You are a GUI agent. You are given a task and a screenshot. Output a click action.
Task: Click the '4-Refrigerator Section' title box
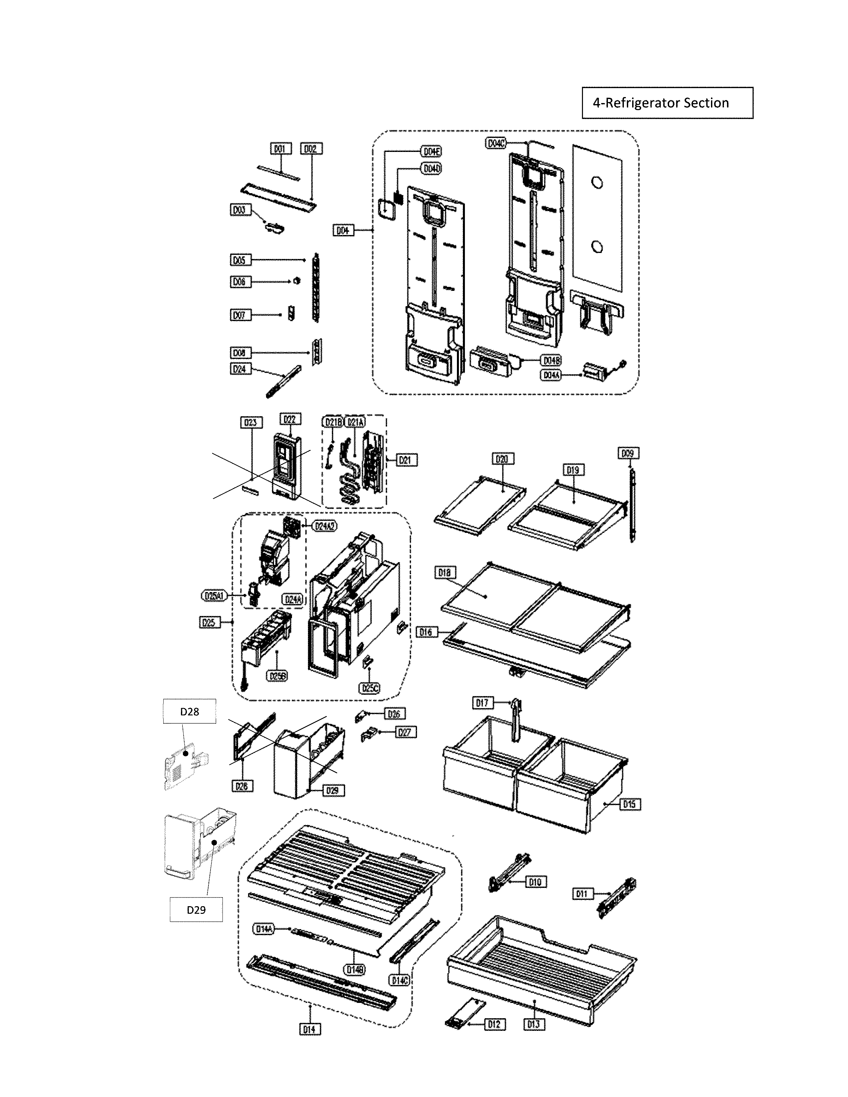point(667,103)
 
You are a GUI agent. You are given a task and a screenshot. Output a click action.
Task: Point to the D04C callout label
point(496,144)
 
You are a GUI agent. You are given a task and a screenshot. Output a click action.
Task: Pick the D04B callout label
point(551,361)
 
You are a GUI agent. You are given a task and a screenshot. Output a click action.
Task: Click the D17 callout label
point(482,703)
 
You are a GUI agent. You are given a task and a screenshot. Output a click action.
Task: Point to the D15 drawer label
point(629,804)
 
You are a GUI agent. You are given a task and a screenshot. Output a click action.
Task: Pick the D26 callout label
point(394,714)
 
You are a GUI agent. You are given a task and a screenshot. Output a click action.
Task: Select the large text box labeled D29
point(196,910)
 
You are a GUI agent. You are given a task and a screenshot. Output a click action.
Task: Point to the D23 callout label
point(251,423)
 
